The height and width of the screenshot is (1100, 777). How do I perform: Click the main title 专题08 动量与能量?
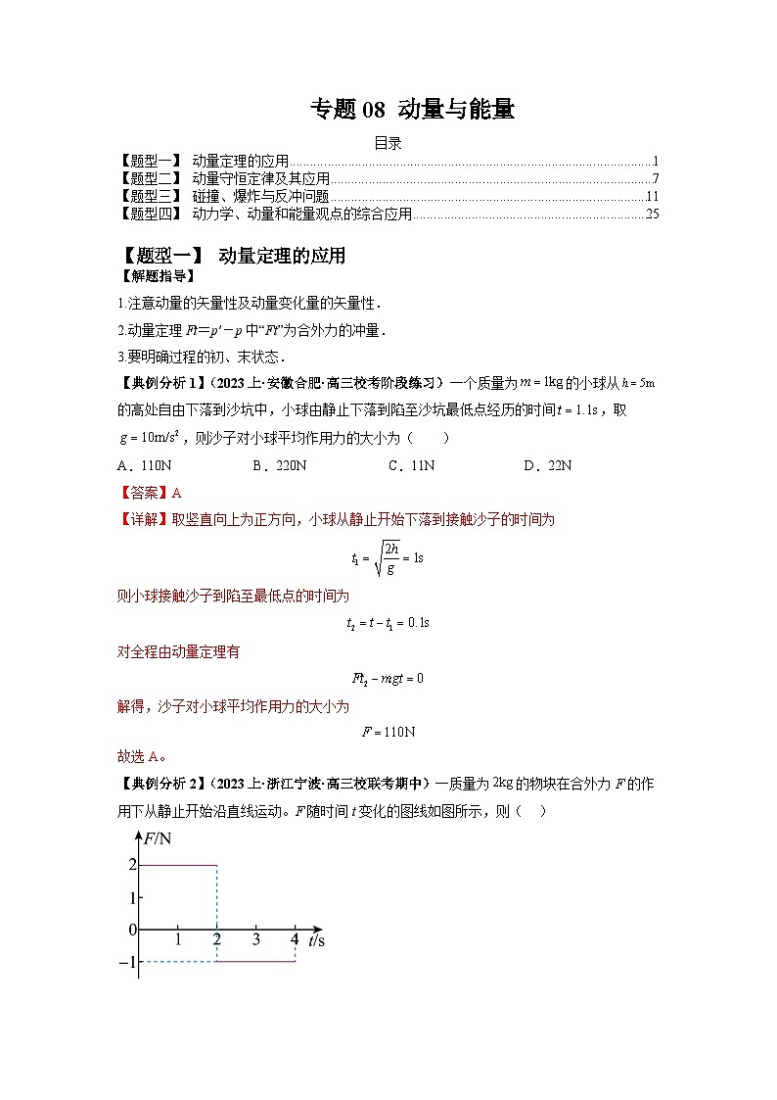point(412,110)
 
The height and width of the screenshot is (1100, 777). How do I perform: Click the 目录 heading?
point(388,143)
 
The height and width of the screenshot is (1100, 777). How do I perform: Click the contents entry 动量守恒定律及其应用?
point(260,178)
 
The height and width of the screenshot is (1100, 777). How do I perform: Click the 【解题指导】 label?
point(147,276)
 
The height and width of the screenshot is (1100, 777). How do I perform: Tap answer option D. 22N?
point(547,465)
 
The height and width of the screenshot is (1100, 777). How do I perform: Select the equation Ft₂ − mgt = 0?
point(388,678)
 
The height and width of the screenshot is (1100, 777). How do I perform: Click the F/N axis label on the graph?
point(158,838)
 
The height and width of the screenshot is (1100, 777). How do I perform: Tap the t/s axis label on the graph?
point(316,940)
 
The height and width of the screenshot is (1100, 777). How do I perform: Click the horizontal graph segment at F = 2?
point(177,865)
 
